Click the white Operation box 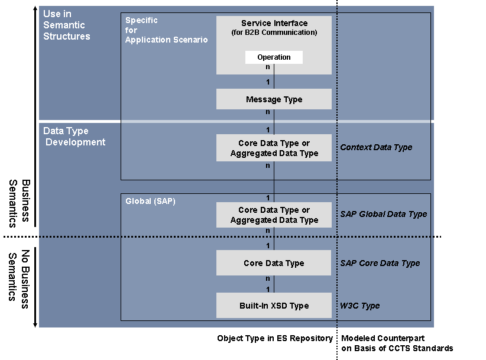pos(274,57)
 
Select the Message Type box pos(274,99)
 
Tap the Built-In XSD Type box pos(274,306)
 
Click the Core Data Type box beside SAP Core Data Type pos(274,263)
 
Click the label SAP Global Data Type pos(383,214)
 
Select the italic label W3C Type pos(359,306)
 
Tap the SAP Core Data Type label pos(380,263)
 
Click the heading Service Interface pos(274,23)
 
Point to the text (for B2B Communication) pos(274,33)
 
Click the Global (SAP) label pos(150,201)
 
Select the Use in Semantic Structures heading pos(66,25)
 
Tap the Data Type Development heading pos(74,137)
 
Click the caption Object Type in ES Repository pos(275,338)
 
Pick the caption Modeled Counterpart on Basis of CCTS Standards pos(397,343)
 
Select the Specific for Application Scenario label pos(166,30)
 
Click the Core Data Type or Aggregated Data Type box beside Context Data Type pos(274,148)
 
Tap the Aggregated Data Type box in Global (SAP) pos(274,215)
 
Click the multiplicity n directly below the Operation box pos(268,67)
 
